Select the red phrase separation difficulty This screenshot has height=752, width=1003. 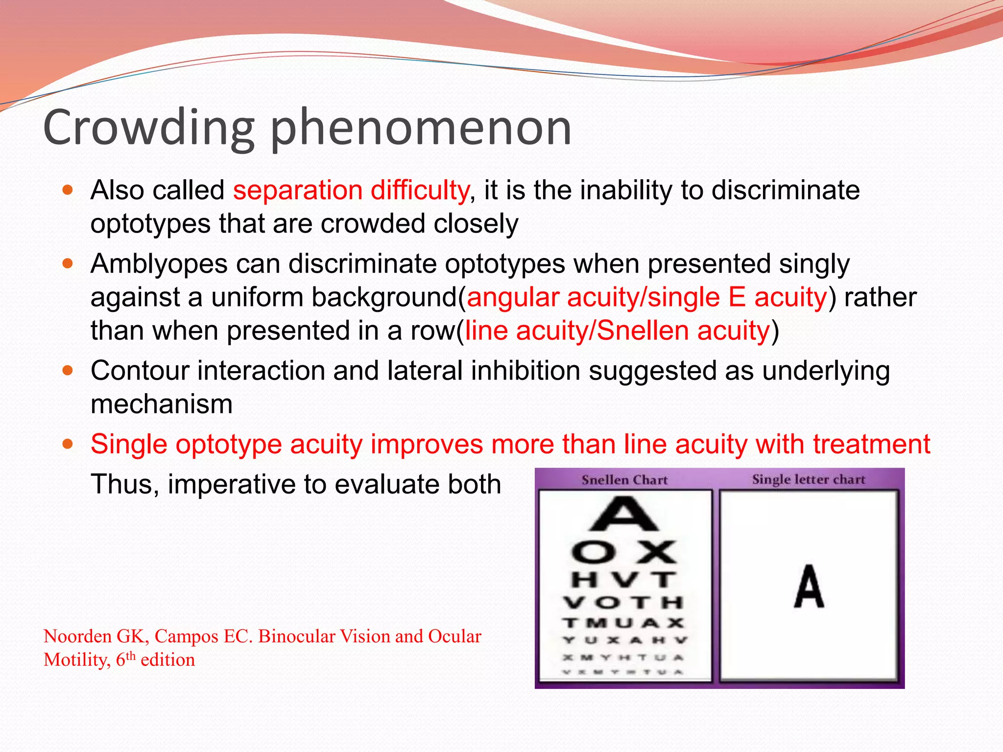click(351, 190)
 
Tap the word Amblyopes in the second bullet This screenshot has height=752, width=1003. click(159, 264)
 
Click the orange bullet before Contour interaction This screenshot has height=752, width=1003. click(68, 371)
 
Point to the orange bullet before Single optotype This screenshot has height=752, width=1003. click(68, 444)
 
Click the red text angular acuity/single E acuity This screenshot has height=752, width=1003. click(646, 297)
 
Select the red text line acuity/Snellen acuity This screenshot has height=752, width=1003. click(617, 330)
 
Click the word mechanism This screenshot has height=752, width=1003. click(162, 404)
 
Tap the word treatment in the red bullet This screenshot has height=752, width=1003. click(872, 444)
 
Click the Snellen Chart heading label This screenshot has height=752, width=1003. click(624, 480)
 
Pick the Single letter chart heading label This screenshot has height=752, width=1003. click(809, 479)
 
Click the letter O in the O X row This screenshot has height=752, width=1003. click(594, 553)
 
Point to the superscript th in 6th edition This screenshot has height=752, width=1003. click(131, 656)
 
